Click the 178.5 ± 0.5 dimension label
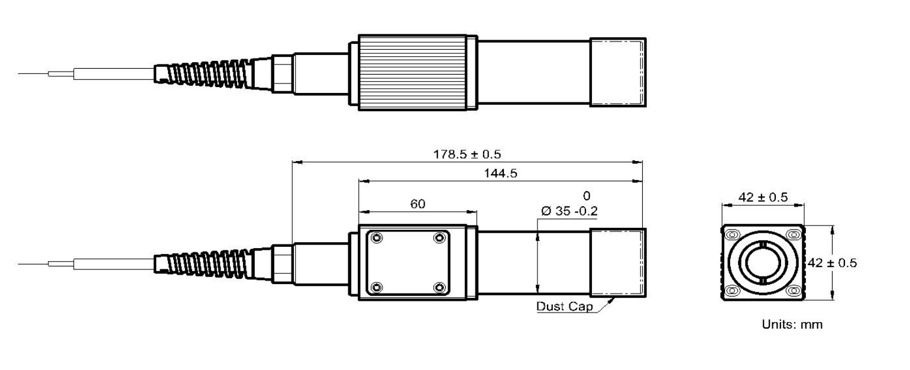[467, 154]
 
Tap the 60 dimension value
[417, 204]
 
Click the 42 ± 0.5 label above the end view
[763, 198]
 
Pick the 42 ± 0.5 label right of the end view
[831, 263]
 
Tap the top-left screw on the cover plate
[377, 238]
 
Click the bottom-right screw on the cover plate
[439, 288]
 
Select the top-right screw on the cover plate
[439, 238]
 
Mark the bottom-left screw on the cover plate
[377, 288]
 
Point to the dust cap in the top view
[617, 72]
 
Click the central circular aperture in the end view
[763, 263]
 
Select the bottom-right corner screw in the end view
[794, 291]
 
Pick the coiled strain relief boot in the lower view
[207, 262]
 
